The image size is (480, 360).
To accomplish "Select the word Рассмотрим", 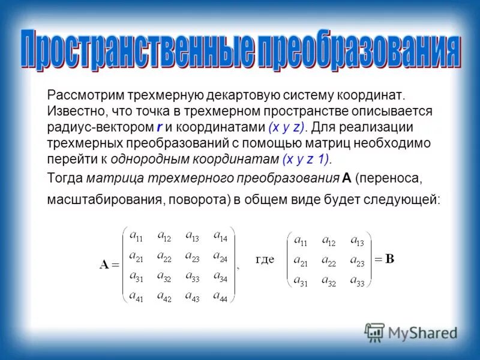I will [x=83, y=95].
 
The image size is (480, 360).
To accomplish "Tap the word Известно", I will [x=73, y=112].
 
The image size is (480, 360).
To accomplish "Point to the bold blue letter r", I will [x=159, y=127].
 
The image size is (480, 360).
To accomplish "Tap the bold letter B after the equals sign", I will [x=389, y=260].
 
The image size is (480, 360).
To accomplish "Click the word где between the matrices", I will [x=265, y=260].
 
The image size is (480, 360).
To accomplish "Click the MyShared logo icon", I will [x=375, y=332].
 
